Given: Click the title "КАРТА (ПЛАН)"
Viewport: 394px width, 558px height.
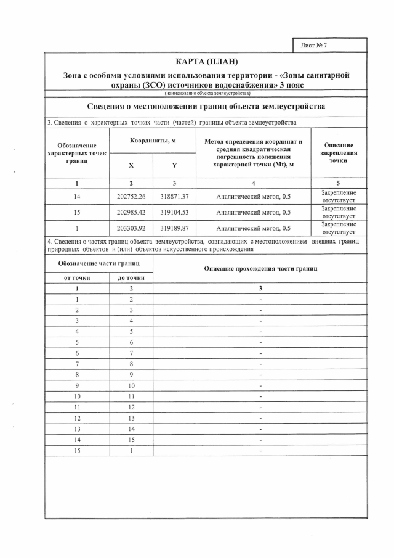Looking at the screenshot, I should tap(206, 62).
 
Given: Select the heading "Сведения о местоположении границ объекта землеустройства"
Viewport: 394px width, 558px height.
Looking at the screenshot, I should tap(206, 107).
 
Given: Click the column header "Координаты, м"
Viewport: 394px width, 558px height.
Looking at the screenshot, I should tap(153, 142).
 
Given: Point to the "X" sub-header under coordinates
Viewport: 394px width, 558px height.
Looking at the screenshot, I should tap(131, 166).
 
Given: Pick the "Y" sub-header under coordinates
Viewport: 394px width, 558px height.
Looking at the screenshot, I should tap(174, 166).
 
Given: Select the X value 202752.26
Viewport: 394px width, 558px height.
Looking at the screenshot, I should tap(131, 197).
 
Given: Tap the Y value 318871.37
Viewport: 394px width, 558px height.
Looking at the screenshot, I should tap(174, 197).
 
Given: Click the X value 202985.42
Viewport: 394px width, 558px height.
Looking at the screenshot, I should tap(131, 213).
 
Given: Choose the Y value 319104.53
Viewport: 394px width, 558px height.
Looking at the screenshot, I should tap(174, 213).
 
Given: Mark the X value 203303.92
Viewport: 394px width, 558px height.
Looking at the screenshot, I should tap(131, 228).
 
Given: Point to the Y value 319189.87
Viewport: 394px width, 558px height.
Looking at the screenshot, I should tap(174, 228).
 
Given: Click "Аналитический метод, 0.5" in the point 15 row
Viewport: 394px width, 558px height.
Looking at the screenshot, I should tap(254, 213).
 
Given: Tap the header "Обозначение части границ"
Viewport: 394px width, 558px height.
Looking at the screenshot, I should tap(98, 263).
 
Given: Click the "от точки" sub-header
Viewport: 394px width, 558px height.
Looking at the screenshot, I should tap(77, 277).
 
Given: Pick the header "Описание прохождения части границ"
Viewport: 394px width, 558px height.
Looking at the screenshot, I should tap(260, 269).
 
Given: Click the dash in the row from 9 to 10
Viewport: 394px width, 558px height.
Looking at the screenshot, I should tap(260, 385).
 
